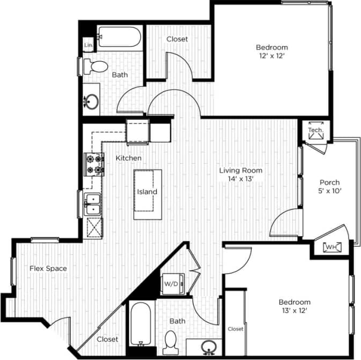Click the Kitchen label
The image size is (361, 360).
coord(129,158)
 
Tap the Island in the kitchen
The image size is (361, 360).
coord(147,192)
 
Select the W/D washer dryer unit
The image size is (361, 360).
coord(172,283)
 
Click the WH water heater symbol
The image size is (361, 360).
coord(331,247)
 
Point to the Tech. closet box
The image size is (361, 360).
coord(315,131)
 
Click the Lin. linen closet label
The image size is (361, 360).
coord(89,46)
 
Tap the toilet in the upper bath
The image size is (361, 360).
coord(97,68)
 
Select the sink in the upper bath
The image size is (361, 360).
coord(92,100)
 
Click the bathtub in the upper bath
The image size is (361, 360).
coord(119,38)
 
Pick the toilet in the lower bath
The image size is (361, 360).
coord(171,341)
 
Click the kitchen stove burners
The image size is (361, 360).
coord(94,165)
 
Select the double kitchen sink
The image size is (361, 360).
coord(94,204)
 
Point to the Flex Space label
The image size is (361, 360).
coord(48,268)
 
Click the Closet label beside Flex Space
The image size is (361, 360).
coord(107,340)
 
